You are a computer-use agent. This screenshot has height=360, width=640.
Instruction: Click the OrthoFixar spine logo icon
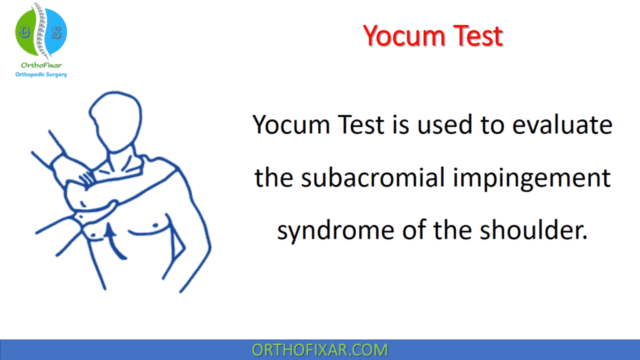pos(41,33)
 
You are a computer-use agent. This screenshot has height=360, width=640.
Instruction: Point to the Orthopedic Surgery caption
pos(41,75)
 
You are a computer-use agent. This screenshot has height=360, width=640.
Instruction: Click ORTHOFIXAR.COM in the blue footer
pos(319,349)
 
